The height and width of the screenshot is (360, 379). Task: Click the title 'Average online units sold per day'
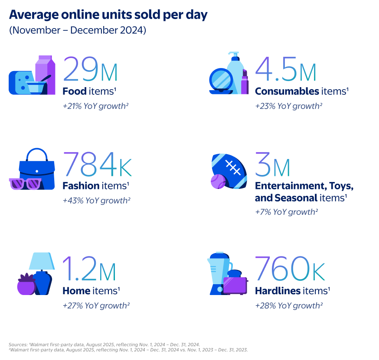108,15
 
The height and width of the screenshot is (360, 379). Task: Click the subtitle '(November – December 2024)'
77,31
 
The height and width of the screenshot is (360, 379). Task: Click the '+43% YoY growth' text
96,201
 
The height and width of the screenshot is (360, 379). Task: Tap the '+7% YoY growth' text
286,212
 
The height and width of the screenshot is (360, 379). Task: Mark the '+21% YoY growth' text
96,106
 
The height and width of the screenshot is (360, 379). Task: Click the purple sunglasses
25,183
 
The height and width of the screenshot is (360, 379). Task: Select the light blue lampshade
42,261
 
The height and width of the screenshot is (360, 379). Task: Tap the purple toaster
235,285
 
